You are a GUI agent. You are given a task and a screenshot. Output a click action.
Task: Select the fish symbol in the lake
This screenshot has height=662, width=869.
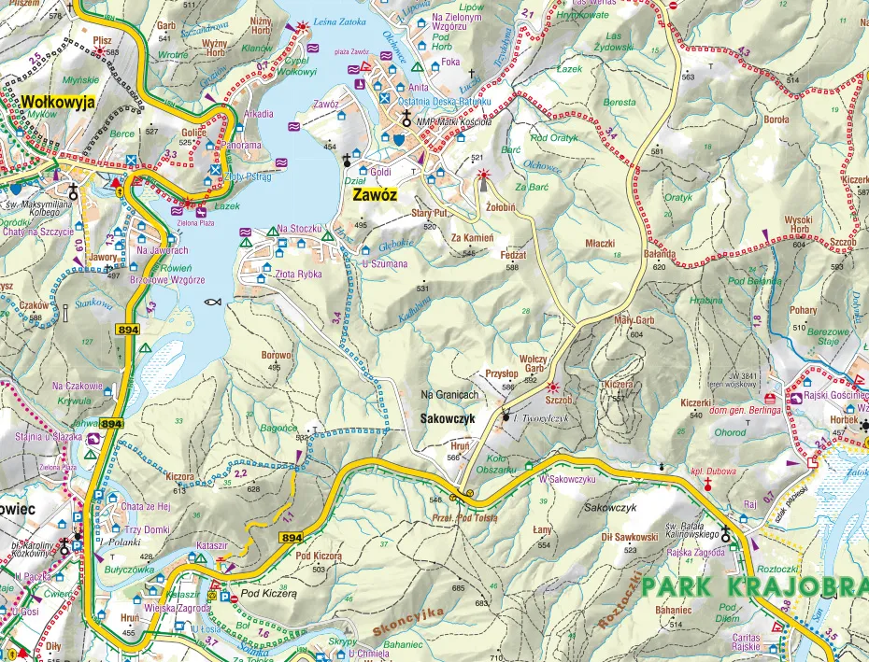tap(212, 303)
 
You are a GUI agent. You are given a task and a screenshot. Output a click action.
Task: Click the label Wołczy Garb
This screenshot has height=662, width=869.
tap(533, 362)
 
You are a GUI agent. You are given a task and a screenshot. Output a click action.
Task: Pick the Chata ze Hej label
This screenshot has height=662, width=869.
tap(147, 506)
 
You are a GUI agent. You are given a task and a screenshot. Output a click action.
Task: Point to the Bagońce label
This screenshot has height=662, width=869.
tap(278, 427)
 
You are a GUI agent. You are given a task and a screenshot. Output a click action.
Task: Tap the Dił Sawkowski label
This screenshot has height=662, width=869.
tap(630, 537)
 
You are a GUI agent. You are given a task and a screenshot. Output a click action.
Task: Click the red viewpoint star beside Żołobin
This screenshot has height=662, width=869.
tap(483, 175)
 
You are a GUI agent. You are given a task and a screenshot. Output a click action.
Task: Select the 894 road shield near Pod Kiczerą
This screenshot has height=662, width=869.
tap(291, 538)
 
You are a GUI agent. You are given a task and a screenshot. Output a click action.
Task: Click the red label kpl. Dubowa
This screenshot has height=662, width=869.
tap(714, 472)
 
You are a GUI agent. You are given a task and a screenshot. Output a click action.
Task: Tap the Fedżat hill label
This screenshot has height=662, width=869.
tap(513, 255)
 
